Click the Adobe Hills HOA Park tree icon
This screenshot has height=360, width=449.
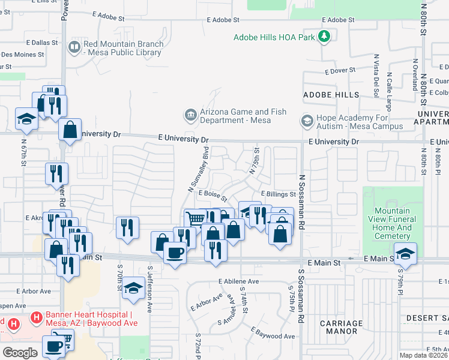(x=324, y=37)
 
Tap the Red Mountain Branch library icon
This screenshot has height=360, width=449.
(x=75, y=47)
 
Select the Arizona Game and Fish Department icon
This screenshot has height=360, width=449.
(x=190, y=114)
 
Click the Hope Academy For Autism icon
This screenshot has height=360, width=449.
(x=307, y=121)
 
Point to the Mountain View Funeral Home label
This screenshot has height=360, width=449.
(x=393, y=223)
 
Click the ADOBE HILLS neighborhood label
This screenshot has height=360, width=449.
(x=331, y=95)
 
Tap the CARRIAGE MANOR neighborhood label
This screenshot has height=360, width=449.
(x=341, y=328)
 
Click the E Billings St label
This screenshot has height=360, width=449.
(x=278, y=194)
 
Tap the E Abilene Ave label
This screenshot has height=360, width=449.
(x=239, y=281)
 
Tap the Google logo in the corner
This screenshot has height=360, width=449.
(x=20, y=352)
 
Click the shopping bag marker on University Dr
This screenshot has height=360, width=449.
(x=70, y=130)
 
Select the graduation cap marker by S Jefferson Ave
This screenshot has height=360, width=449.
(x=133, y=288)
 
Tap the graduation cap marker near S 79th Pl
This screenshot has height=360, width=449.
(x=405, y=253)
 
